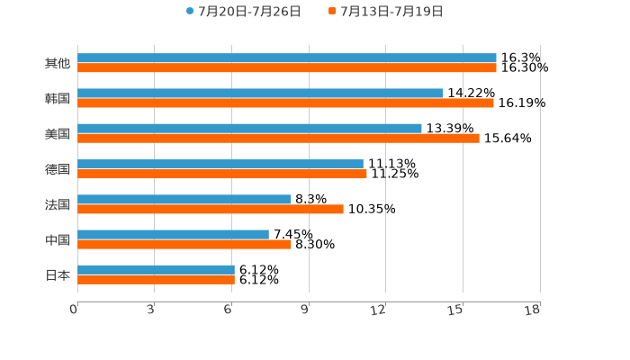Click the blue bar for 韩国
260,94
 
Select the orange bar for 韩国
285,103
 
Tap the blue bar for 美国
249,129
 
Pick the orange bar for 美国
278,139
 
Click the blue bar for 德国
220,164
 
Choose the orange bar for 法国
211,209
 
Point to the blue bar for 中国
173,234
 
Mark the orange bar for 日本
156,280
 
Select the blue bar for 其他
287,58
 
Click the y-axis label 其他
58,63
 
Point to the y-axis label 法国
58,204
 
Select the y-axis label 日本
58,274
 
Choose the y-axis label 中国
58,239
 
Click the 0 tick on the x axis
75,310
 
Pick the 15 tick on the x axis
458,310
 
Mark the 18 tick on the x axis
535,310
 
